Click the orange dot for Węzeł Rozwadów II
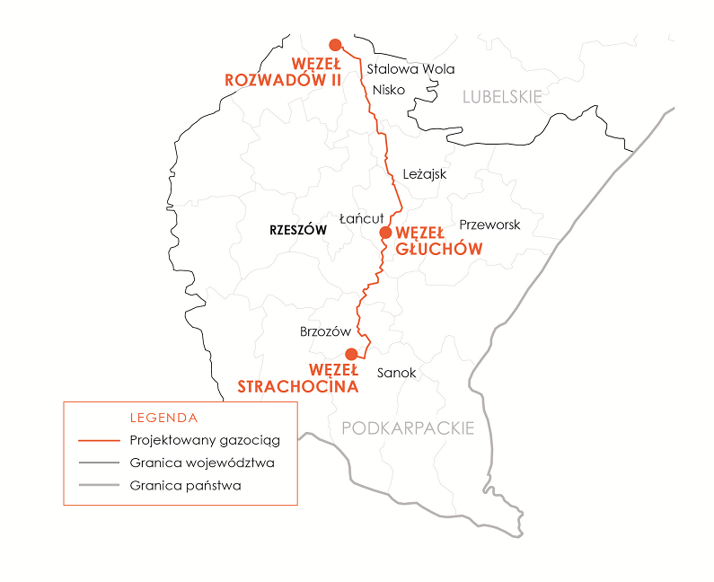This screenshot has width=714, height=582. (335, 44)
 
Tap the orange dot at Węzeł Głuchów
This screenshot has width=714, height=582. (385, 232)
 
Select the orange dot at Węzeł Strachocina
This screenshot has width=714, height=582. (351, 353)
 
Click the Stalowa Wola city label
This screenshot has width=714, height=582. (411, 69)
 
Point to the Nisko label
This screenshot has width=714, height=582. (389, 90)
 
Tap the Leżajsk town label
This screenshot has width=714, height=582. (425, 174)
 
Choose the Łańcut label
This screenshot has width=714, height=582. (362, 218)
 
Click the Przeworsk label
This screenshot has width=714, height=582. (489, 225)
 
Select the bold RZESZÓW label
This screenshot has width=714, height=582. (297, 231)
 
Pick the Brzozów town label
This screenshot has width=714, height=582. (325, 331)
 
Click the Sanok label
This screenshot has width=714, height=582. (396, 372)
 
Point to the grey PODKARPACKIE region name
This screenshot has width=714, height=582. (408, 428)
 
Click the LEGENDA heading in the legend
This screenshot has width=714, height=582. (163, 418)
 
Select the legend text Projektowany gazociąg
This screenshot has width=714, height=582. (205, 441)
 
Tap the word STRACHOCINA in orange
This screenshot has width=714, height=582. (298, 386)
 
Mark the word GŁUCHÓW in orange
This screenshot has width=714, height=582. (439, 248)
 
